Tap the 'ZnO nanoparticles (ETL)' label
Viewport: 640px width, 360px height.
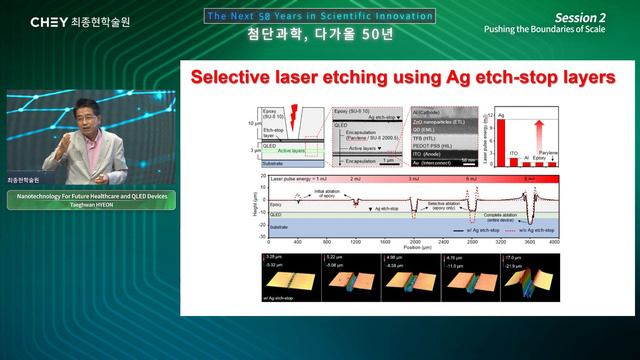coord(437,120)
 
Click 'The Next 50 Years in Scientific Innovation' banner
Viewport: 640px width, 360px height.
coord(320,16)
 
